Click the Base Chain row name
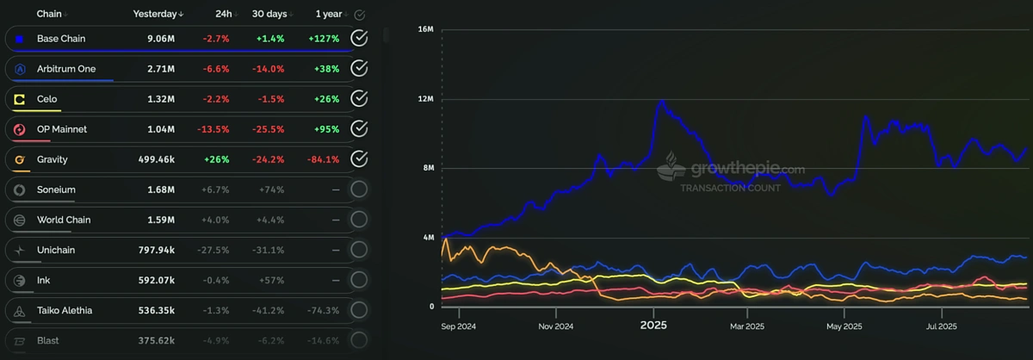(61, 39)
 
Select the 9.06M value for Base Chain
(161, 39)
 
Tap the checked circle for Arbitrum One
(360, 68)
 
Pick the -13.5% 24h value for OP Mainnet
(215, 129)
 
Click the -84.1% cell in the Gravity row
(322, 159)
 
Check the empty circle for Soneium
(360, 189)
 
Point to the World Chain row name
(64, 220)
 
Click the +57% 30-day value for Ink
(271, 280)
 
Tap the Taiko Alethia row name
(65, 310)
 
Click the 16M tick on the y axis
(424, 29)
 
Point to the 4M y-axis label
(427, 238)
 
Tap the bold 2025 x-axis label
(653, 326)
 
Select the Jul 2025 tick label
(940, 326)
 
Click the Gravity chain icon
(19, 159)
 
